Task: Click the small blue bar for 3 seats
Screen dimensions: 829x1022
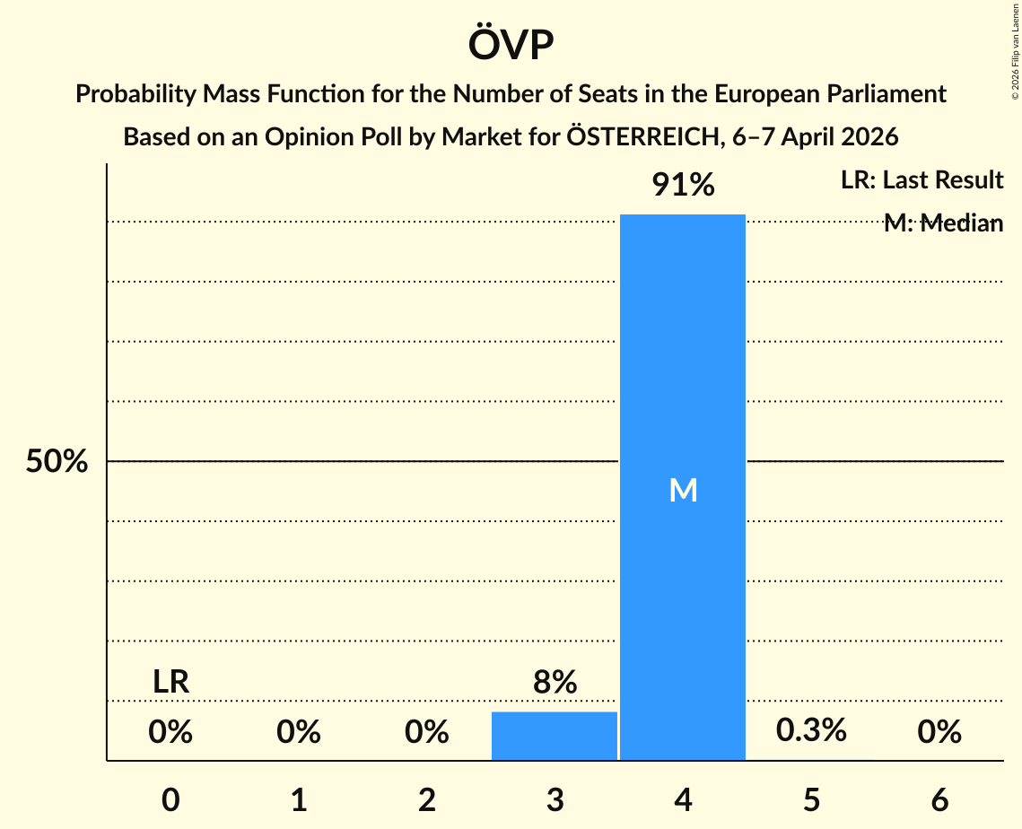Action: [x=555, y=736]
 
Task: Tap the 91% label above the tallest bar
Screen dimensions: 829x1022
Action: [x=683, y=185]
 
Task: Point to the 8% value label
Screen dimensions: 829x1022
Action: [x=555, y=683]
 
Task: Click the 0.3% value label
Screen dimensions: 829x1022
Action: [x=811, y=730]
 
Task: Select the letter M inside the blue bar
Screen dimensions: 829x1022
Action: [x=683, y=490]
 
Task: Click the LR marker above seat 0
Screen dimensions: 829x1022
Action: [x=170, y=682]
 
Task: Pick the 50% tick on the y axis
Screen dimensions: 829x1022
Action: [x=57, y=462]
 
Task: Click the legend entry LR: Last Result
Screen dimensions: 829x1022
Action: [x=922, y=180]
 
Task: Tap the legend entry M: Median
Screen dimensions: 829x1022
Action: [x=943, y=223]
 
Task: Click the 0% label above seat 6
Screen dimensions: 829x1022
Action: [x=939, y=733]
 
